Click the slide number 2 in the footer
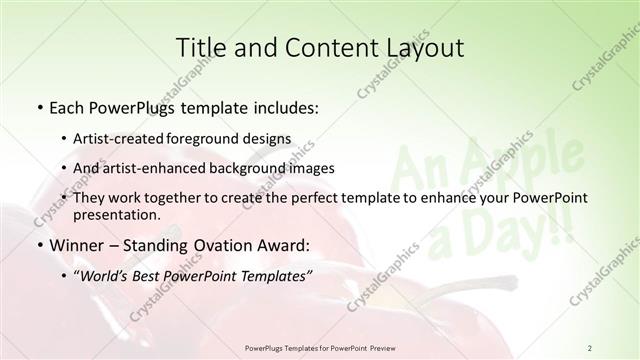coord(589,347)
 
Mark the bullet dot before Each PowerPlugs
coord(39,107)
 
